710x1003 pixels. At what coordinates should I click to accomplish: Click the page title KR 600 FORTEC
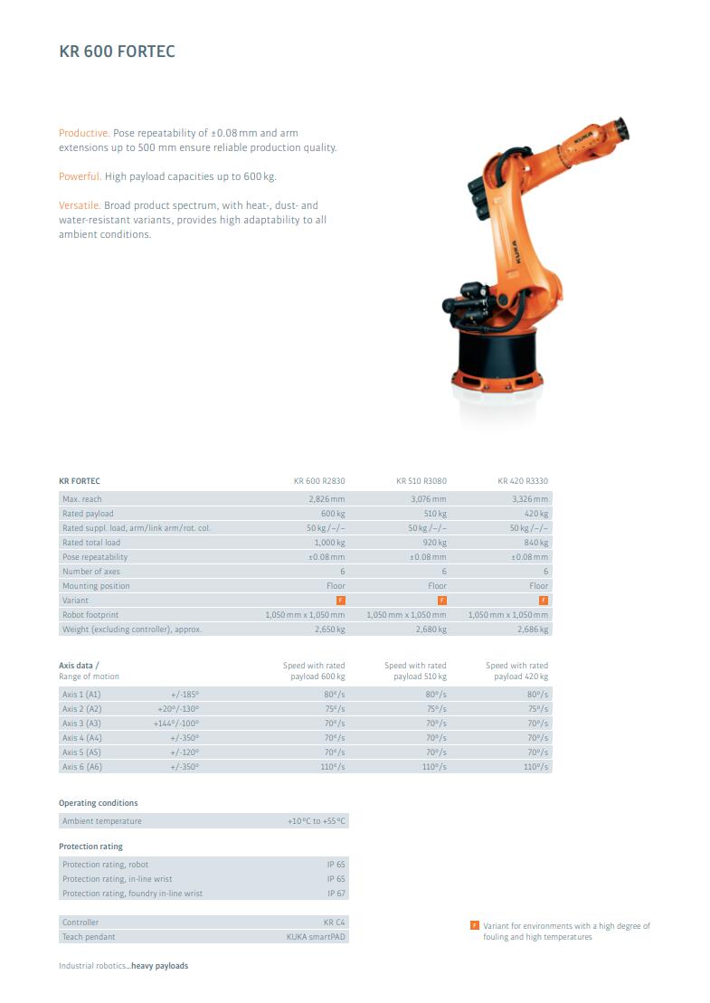tap(117, 52)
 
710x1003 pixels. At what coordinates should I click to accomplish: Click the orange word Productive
tap(84, 133)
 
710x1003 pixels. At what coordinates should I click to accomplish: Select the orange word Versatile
tap(80, 205)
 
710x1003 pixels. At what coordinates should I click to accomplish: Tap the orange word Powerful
tap(80, 176)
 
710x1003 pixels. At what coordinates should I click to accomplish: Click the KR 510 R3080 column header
tap(421, 481)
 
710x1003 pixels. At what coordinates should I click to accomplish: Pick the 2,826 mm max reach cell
tap(327, 499)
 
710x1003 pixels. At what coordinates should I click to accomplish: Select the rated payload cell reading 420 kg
tap(537, 514)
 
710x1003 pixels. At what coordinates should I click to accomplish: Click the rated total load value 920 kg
tap(435, 543)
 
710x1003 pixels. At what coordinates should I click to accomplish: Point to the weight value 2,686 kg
tap(533, 629)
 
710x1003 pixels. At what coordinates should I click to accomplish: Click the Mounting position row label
tap(96, 586)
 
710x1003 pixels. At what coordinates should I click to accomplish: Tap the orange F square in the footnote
tap(475, 925)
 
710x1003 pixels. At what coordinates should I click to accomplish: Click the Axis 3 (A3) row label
tap(81, 724)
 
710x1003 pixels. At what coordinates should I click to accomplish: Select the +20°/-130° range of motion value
tap(178, 709)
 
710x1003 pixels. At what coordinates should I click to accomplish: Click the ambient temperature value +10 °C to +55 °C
tap(317, 821)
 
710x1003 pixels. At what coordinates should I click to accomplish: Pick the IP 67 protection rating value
tap(336, 894)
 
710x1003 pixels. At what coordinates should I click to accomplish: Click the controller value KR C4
tap(335, 923)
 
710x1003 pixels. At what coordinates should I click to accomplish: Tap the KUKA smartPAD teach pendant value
tap(316, 937)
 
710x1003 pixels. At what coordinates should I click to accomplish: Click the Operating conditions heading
tap(99, 803)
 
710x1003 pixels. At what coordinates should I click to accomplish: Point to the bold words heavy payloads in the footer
tap(160, 966)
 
